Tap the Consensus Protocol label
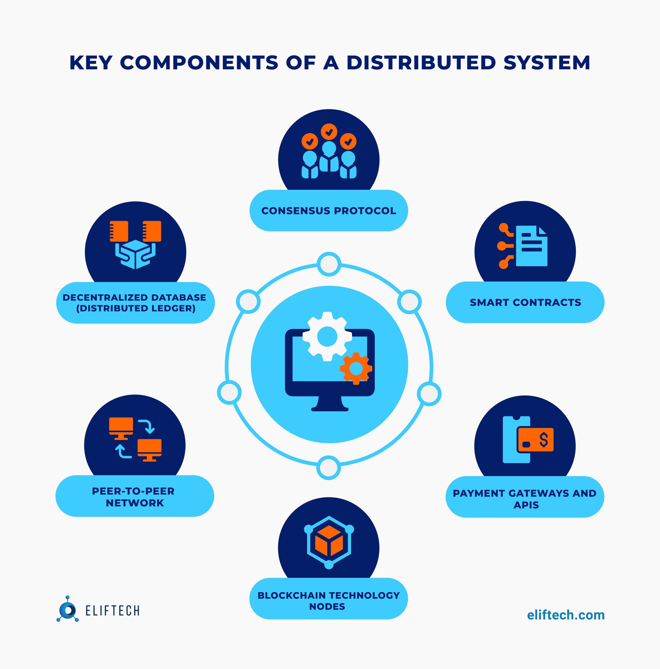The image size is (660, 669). (329, 211)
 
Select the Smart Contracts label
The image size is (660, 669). (525, 302)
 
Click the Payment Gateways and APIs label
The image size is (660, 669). (525, 499)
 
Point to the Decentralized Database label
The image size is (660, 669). (135, 303)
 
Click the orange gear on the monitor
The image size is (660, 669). (356, 368)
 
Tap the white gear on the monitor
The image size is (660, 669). (327, 336)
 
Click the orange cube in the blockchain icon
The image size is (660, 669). (329, 541)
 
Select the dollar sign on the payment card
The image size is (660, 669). (544, 440)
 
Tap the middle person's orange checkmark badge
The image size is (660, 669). (329, 132)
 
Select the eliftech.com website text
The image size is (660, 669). (566, 615)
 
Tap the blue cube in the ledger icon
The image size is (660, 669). (135, 255)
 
